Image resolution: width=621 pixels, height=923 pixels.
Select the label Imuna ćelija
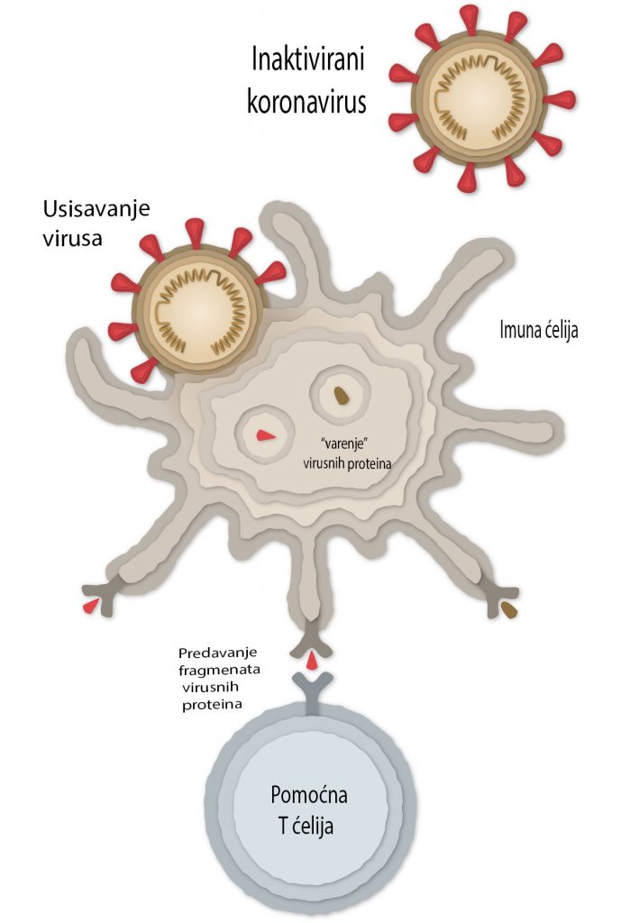tap(538, 329)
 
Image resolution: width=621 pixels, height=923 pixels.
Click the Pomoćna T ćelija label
tap(309, 810)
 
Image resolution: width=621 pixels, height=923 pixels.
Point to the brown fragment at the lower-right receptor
tap(510, 613)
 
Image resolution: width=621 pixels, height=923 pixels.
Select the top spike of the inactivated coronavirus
tap(468, 18)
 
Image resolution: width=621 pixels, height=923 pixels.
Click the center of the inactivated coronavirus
tap(469, 98)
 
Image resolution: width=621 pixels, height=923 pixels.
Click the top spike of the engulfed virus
tap(193, 232)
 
